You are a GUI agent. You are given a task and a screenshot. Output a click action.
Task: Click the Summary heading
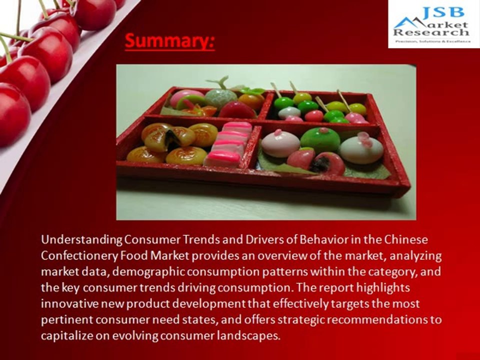(x=169, y=41)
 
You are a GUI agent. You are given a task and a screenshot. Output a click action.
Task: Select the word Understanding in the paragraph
(x=81, y=239)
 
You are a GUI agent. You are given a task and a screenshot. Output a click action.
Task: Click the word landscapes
(x=248, y=335)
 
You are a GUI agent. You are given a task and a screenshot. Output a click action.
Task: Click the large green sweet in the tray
(x=320, y=139)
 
